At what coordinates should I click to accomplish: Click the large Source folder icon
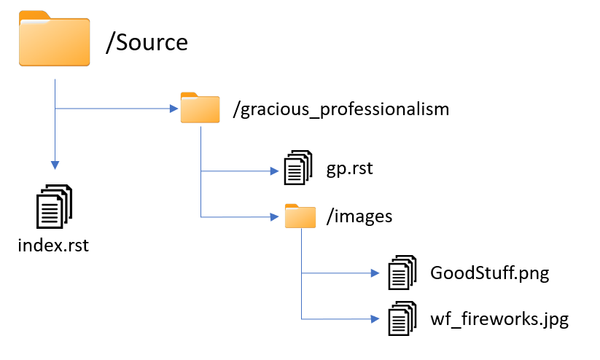[54, 40]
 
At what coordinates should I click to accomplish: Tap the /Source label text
[147, 42]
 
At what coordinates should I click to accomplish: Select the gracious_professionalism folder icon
[200, 108]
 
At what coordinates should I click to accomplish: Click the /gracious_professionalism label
[340, 110]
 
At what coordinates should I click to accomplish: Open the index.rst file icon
[55, 206]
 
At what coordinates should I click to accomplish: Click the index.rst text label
[53, 245]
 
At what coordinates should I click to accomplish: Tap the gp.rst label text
[350, 169]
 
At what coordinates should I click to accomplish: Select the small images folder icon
[300, 216]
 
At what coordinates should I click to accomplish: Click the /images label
[359, 216]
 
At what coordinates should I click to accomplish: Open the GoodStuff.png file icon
[401, 273]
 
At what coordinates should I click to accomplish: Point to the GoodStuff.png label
[489, 274]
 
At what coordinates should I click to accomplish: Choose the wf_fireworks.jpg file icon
[401, 318]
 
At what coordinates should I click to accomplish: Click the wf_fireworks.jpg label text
[499, 319]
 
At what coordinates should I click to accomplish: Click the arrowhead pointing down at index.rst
[55, 164]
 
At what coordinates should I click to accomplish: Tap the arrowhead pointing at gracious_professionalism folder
[174, 109]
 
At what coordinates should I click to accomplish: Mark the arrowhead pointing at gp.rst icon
[276, 172]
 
